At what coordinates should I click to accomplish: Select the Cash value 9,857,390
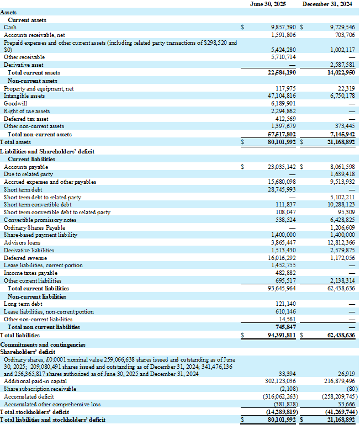pos(283,26)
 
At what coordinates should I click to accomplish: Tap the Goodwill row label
pos(15,103)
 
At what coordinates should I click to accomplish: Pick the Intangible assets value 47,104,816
pos(280,96)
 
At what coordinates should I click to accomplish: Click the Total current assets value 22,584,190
pos(282,72)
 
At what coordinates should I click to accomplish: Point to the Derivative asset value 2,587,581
pos(342,65)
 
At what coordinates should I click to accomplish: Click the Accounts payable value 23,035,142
pos(282,167)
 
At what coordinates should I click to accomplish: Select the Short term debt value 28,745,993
pos(282,189)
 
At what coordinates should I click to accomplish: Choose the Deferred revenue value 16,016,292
pos(282,258)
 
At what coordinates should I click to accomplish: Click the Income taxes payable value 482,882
pos(285,273)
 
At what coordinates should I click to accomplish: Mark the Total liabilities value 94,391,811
pos(282,335)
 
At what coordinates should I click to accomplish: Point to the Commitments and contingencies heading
pos(43,343)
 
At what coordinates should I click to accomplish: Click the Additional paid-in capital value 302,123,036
pos(280,381)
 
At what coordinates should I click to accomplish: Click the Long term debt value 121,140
pos(285,304)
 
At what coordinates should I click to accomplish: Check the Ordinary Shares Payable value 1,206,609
pos(342,227)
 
